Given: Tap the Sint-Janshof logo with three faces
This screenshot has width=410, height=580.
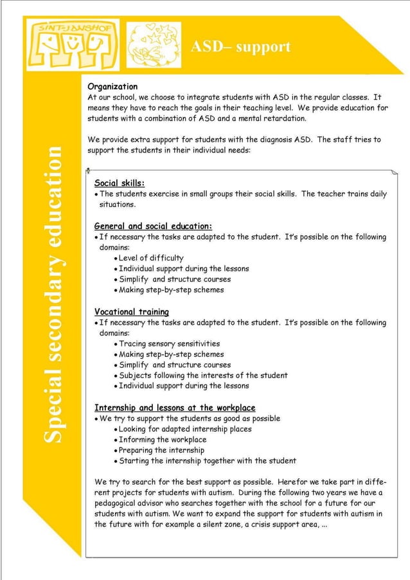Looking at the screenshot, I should [70, 44].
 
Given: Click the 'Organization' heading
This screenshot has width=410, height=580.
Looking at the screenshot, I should [112, 86].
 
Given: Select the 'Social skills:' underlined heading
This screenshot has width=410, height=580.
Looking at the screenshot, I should [120, 183].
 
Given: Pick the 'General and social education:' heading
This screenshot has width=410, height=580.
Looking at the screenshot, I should [153, 226].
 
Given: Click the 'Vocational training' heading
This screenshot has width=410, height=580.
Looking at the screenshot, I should [132, 312].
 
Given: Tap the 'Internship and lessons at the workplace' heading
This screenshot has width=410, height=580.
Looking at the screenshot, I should [175, 408].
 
